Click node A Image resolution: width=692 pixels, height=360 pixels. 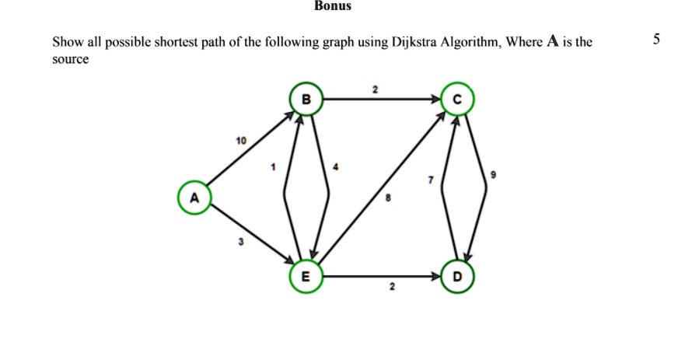coord(194,198)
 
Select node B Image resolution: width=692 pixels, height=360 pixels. coord(306,100)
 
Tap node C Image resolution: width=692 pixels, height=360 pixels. coord(456,100)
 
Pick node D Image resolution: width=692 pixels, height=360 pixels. coord(456,277)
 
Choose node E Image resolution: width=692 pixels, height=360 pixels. coord(305,277)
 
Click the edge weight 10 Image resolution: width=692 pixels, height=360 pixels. coord(240,141)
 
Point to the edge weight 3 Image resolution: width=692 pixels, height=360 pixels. coord(240,243)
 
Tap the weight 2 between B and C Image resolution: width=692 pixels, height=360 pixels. coord(375,90)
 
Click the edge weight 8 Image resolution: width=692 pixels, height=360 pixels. coord(390,200)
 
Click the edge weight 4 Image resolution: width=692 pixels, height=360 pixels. coord(335,166)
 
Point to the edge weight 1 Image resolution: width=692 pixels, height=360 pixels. coord(274,166)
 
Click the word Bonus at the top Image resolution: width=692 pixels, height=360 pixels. coord(333,6)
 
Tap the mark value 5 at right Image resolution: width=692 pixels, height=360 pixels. coord(656,40)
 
